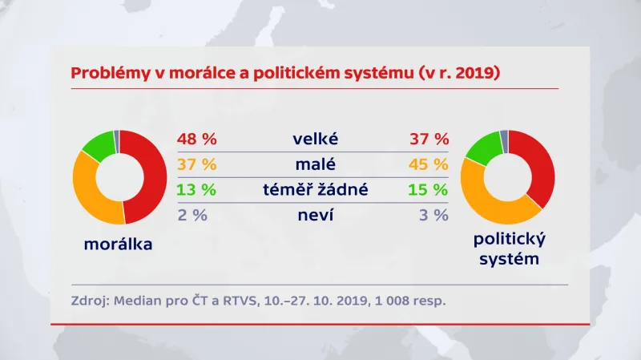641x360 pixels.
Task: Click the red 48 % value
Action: point(197,139)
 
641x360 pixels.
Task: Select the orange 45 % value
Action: point(428,164)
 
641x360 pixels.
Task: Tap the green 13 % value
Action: point(197,190)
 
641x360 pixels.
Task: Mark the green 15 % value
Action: point(428,190)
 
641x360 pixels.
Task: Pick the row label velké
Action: point(315,139)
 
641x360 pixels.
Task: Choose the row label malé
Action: point(315,164)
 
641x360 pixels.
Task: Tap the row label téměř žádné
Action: point(315,190)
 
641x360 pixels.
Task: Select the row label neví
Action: point(315,215)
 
